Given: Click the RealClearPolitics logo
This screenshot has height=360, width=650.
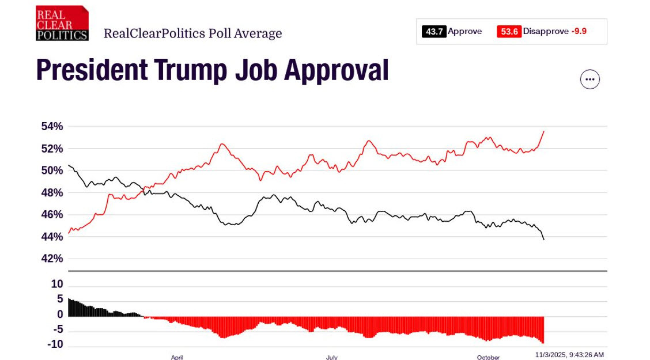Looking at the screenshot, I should (x=62, y=23).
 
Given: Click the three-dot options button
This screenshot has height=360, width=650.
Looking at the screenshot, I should (x=589, y=79).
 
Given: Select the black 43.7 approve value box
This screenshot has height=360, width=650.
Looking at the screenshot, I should (x=434, y=32).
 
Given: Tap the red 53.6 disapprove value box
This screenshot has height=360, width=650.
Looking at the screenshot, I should (x=509, y=32).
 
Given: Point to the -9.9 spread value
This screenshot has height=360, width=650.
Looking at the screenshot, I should (x=579, y=32).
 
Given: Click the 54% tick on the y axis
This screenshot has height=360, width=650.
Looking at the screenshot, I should (x=52, y=126).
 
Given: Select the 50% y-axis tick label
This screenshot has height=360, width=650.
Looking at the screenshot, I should (x=52, y=170).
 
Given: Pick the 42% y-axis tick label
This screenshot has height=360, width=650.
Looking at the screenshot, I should (x=52, y=259).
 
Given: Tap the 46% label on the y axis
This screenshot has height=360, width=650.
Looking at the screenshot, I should (x=52, y=214).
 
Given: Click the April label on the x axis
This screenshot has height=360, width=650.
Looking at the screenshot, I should (x=177, y=357).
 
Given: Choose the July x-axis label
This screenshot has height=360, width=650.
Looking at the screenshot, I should (x=331, y=357).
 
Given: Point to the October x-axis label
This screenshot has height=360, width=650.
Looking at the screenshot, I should (x=488, y=357).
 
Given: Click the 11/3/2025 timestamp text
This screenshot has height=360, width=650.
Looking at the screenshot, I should (x=569, y=355).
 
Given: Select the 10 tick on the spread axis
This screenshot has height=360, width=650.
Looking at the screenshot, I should (x=57, y=285).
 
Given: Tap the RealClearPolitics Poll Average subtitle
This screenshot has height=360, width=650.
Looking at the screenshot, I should (x=192, y=33).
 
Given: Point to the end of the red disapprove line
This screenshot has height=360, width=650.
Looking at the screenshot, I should (x=543, y=131).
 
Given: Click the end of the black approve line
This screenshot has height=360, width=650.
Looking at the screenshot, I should (x=543, y=239).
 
